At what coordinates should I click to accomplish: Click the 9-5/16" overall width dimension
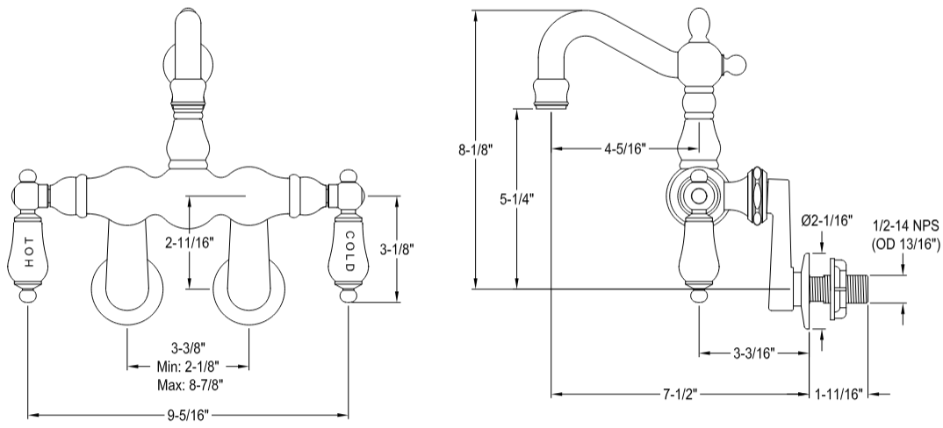point(190,413)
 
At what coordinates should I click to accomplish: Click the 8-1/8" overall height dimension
point(475,150)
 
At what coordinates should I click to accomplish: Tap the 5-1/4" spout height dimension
point(517,198)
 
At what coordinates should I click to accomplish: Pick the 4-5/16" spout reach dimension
point(624,148)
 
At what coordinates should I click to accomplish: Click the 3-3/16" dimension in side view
point(753,353)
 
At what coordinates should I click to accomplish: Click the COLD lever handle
point(349,250)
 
